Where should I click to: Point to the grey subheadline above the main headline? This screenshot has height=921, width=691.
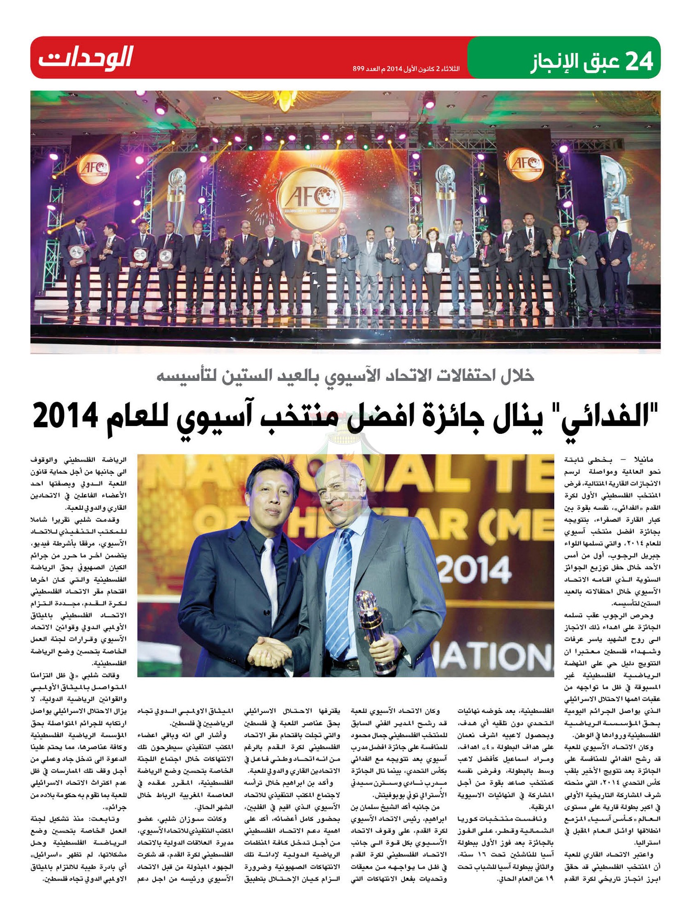345,376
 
